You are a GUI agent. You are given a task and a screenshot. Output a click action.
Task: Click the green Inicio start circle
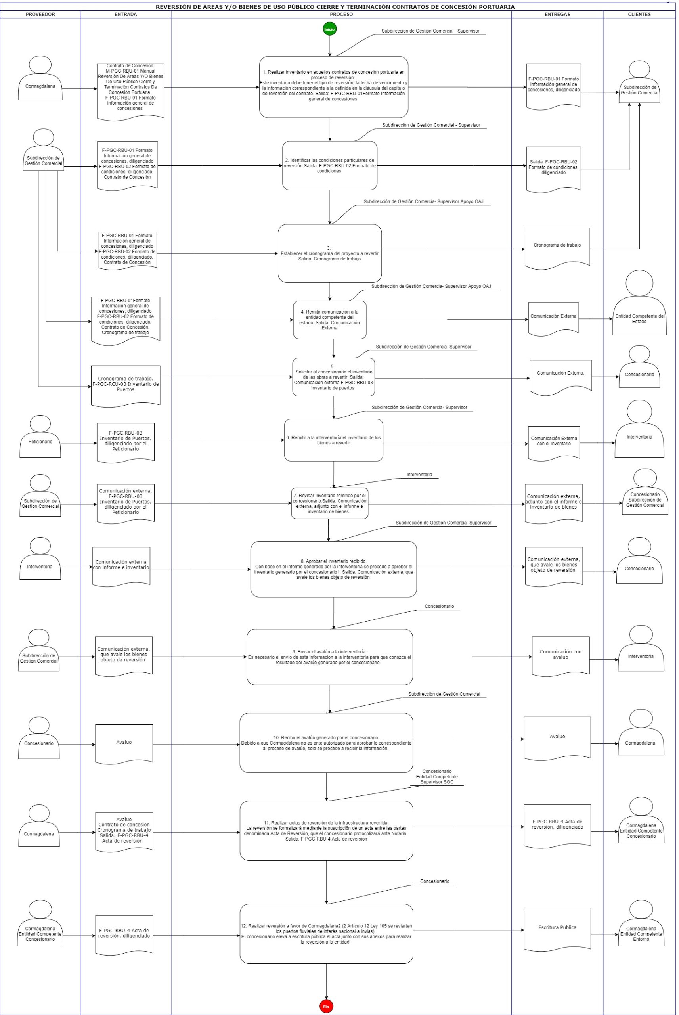pyautogui.click(x=329, y=29)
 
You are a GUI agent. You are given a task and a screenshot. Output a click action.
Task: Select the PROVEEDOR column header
pyautogui.click(x=40, y=14)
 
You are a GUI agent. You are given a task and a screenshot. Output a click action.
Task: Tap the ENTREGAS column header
pyautogui.click(x=557, y=14)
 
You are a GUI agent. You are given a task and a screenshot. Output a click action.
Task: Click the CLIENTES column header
pyautogui.click(x=639, y=14)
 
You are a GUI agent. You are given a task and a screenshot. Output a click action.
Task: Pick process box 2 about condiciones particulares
pyautogui.click(x=329, y=165)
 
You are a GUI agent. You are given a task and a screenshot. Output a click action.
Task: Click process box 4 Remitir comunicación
pyautogui.click(x=329, y=320)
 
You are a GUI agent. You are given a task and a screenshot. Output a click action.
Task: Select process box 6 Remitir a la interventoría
pyautogui.click(x=333, y=440)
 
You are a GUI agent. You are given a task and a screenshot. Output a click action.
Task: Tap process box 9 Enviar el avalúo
pyautogui.click(x=329, y=657)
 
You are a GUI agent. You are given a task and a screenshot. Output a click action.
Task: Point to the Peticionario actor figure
pyautogui.click(x=40, y=437)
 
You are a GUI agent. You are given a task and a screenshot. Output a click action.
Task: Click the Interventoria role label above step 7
pyautogui.click(x=419, y=475)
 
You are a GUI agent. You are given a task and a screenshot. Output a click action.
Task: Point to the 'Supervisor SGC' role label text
pyautogui.click(x=437, y=782)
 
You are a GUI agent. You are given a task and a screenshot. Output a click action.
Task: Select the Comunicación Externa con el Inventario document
pyautogui.click(x=554, y=442)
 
